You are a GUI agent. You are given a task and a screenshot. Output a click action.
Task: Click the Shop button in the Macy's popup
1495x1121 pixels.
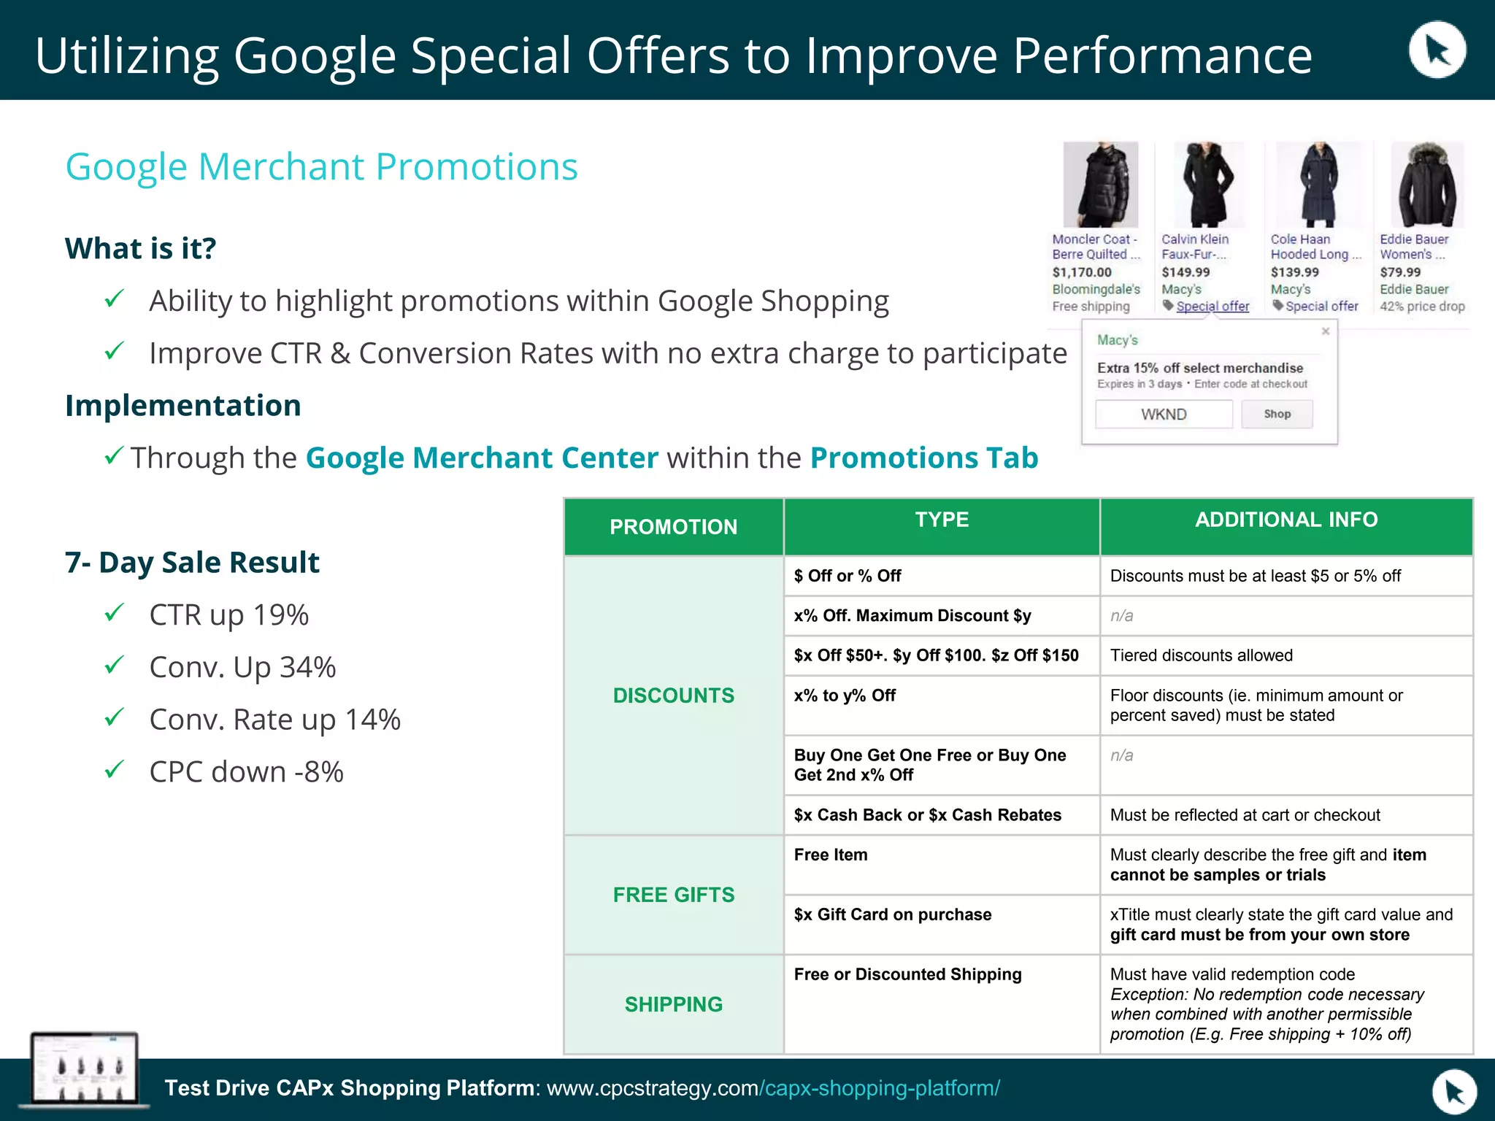pyautogui.click(x=1277, y=414)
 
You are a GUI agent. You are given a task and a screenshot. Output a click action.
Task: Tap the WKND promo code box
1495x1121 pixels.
pyautogui.click(x=1164, y=415)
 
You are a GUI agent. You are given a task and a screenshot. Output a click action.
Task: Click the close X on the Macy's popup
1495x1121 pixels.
pyautogui.click(x=1326, y=331)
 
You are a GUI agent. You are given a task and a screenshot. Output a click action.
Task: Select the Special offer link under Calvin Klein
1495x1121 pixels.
pyautogui.click(x=1212, y=307)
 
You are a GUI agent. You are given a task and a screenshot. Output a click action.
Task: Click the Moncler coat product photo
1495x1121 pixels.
pyautogui.click(x=1100, y=185)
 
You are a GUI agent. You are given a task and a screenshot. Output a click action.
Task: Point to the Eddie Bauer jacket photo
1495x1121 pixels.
pyautogui.click(x=1427, y=185)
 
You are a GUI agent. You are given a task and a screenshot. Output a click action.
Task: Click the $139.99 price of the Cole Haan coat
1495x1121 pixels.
pyautogui.click(x=1295, y=272)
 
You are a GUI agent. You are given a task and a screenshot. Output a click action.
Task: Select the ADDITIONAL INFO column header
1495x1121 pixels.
pyautogui.click(x=1286, y=520)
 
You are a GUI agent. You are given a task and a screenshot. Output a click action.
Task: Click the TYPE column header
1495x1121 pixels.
pyautogui.click(x=942, y=520)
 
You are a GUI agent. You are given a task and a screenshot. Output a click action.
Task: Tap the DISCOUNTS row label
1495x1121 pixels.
pyautogui.click(x=674, y=696)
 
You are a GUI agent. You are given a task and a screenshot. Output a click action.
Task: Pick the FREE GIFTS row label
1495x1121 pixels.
pyautogui.click(x=674, y=895)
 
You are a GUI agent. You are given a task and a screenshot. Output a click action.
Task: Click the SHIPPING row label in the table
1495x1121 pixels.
pyautogui.click(x=674, y=1004)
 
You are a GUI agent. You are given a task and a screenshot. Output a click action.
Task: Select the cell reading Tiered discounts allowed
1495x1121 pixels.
pyautogui.click(x=1202, y=655)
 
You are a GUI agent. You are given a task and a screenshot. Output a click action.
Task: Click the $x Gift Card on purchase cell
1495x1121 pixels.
pyautogui.click(x=893, y=914)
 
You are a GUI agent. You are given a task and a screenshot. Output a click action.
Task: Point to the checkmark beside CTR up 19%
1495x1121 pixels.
pyautogui.click(x=115, y=613)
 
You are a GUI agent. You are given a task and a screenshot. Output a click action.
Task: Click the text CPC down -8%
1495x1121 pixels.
pyautogui.click(x=246, y=772)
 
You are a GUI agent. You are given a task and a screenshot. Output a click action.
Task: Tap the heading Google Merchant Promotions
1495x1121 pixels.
pyautogui.click(x=321, y=167)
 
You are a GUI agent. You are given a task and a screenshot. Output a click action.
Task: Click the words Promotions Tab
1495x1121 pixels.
pyautogui.click(x=924, y=458)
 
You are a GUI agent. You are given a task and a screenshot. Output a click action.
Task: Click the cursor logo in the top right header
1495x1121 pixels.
pyautogui.click(x=1437, y=50)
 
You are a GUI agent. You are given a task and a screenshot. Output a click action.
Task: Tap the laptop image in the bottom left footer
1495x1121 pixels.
pyautogui.click(x=84, y=1068)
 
